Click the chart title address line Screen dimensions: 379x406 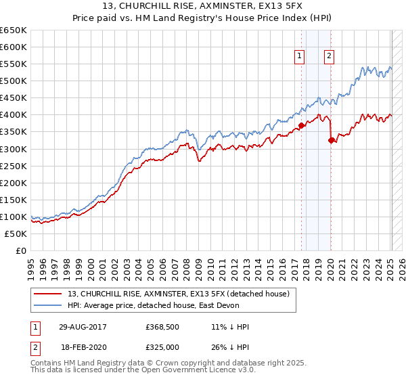[x=203, y=7]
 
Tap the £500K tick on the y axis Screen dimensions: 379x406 [x=14, y=81]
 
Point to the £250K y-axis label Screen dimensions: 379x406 [x=14, y=166]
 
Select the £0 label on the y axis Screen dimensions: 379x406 [x=20, y=250]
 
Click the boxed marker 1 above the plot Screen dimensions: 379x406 [x=299, y=57]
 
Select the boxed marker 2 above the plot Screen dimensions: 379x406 [x=329, y=57]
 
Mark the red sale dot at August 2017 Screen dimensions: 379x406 [x=302, y=125]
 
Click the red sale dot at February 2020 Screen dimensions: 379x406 [x=331, y=141]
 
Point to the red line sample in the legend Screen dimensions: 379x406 [x=48, y=294]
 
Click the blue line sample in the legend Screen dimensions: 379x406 [x=48, y=305]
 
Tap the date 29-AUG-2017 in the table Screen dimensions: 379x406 [x=81, y=327]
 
